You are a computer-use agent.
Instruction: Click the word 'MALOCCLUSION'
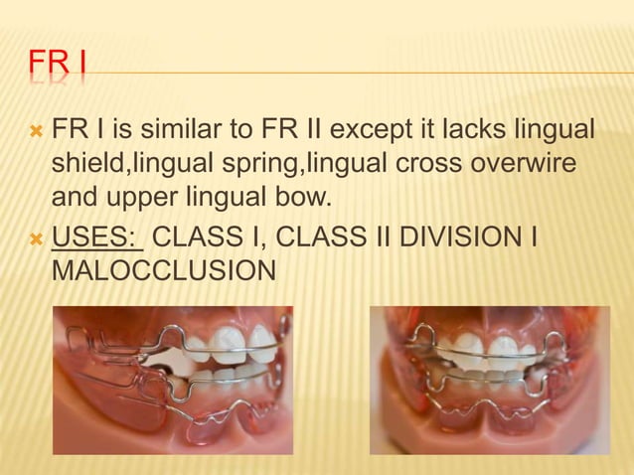tap(163, 271)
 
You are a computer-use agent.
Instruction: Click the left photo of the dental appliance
tap(172, 381)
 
